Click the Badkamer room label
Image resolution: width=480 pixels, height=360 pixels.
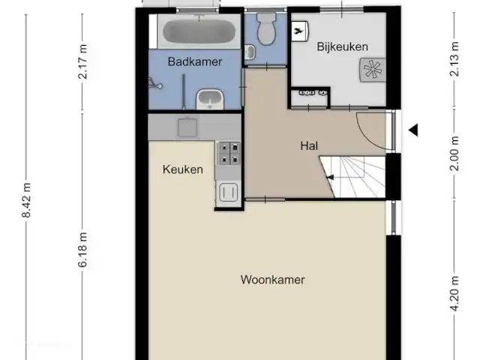coord(195,61)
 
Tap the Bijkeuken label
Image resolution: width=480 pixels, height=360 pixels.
coord(342,46)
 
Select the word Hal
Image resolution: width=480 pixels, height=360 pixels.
coord(309,145)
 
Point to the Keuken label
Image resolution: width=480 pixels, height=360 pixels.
coord(183,169)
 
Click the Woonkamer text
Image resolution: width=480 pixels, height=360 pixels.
coord(272,280)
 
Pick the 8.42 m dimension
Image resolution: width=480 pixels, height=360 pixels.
coord(26,200)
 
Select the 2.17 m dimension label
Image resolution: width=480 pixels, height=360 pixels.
coord(82,61)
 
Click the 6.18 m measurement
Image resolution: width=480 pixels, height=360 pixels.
coord(82,250)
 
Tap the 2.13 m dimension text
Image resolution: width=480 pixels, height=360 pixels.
coord(455,58)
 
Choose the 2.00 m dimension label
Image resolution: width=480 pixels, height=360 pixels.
coord(455,153)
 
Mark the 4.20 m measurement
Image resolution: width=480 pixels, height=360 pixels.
coord(455,293)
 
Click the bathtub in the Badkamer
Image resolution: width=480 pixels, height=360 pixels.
coord(199,31)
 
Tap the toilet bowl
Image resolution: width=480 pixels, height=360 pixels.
coord(266,29)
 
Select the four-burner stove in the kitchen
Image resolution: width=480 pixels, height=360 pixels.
coord(229,153)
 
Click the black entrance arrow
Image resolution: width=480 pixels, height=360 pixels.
coord(413,130)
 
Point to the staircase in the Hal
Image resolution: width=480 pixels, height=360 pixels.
coord(352,177)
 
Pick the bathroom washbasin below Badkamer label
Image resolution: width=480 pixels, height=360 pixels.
coord(210,99)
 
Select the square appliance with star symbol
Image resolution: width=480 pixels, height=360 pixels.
coord(373,70)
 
